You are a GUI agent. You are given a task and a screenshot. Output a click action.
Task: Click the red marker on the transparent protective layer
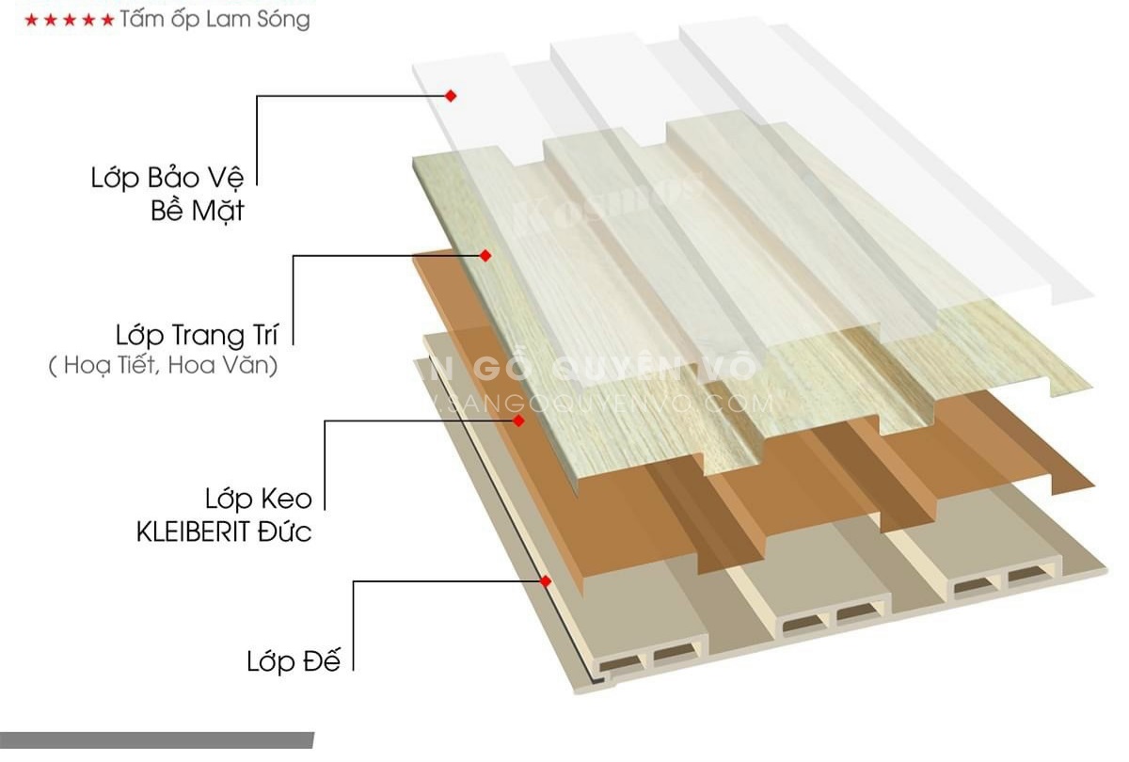click(x=451, y=95)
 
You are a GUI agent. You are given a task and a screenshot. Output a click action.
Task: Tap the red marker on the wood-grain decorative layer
click(x=485, y=255)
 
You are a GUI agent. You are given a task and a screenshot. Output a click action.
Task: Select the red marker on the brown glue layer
click(x=518, y=421)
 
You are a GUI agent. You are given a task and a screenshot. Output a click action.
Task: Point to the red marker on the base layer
click(x=545, y=580)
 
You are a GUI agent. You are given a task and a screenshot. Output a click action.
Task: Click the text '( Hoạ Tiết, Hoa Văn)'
click(x=164, y=366)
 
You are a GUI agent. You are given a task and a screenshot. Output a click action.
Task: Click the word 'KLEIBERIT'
click(x=196, y=532)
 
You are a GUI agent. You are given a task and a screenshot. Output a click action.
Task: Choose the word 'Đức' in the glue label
click(x=287, y=532)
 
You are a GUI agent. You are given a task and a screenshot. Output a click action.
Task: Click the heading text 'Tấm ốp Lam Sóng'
click(x=215, y=19)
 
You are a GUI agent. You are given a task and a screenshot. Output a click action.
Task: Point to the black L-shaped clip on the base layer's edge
click(x=595, y=675)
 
